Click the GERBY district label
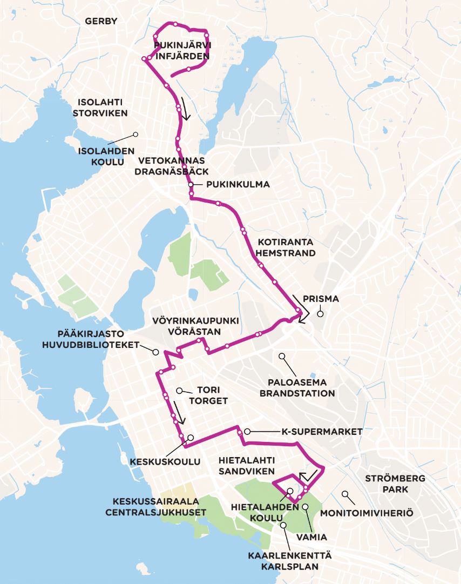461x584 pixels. (101, 21)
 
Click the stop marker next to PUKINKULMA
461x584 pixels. (191, 185)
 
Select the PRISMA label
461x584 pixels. (321, 298)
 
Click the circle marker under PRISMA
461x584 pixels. (320, 313)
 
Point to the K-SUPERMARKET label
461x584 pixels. (322, 432)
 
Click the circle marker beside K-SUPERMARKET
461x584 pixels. (247, 431)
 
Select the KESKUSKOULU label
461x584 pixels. (165, 462)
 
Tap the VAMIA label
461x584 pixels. (311, 538)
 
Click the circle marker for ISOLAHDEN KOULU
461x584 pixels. (135, 134)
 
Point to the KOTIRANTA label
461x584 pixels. (285, 241)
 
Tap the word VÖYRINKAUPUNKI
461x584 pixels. (195, 320)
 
